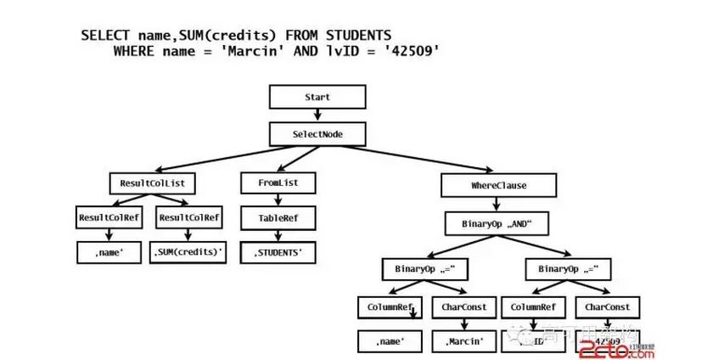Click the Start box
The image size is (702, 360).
point(317,98)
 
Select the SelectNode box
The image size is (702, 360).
point(317,134)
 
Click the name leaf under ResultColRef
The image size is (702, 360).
point(109,252)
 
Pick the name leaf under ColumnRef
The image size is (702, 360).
point(390,341)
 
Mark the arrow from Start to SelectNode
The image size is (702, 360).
point(317,115)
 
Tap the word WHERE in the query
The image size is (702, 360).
point(135,51)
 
